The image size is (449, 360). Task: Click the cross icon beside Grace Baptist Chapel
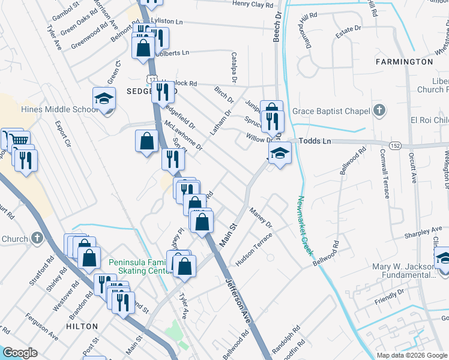[x=378, y=110]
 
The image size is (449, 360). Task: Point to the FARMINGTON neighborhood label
[x=404, y=62]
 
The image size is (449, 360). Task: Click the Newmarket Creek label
[x=305, y=226]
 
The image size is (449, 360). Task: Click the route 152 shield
[x=394, y=146]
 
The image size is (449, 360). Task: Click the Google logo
[x=19, y=352]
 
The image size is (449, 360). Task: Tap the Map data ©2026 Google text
[x=411, y=355]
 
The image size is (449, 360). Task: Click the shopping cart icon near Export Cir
[x=20, y=140]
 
